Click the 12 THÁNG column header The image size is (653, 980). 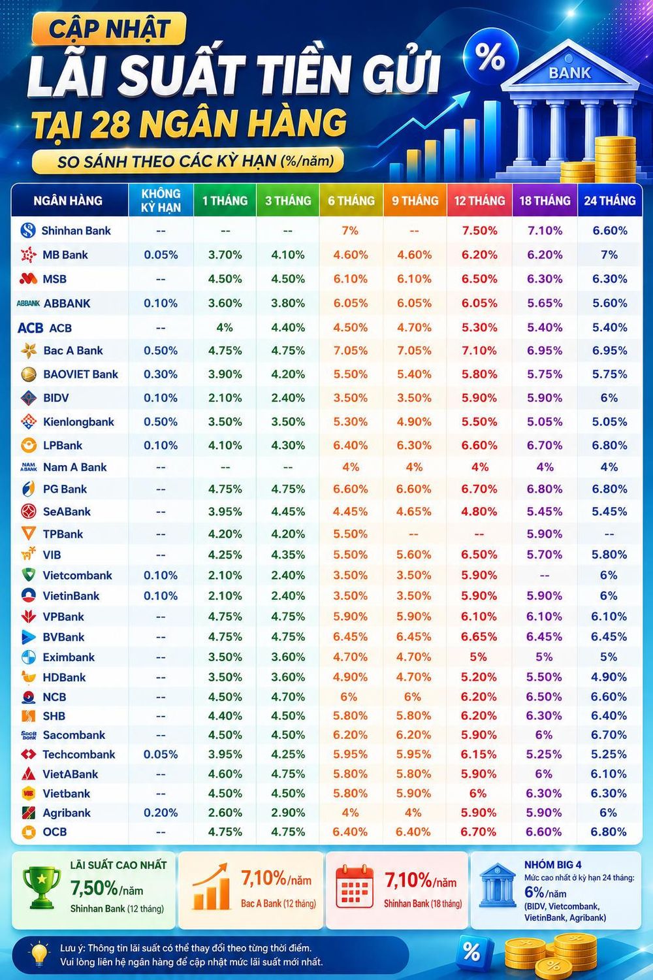pyautogui.click(x=479, y=201)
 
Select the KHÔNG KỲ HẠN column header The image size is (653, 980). pyautogui.click(x=161, y=201)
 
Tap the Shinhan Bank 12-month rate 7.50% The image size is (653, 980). pyautogui.click(x=479, y=231)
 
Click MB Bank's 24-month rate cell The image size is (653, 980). pyautogui.click(x=609, y=255)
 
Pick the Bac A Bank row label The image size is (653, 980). pyautogui.click(x=73, y=350)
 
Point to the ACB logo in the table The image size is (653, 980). pyautogui.click(x=30, y=328)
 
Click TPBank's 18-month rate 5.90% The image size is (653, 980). pyautogui.click(x=545, y=534)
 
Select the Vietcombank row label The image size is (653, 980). pyautogui.click(x=78, y=575)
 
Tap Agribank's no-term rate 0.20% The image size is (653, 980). pyautogui.click(x=161, y=813)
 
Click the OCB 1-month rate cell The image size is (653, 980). pyautogui.click(x=225, y=832)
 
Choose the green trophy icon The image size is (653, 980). pyautogui.click(x=42, y=887)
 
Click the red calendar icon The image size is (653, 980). pyautogui.click(x=355, y=886)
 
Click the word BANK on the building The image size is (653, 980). pyautogui.click(x=569, y=73)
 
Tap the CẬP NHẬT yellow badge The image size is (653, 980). pyautogui.click(x=109, y=29)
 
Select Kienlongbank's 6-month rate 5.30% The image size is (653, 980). pyautogui.click(x=351, y=422)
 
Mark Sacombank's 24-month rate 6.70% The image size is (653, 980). pyautogui.click(x=609, y=734)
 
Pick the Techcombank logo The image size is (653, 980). pyautogui.click(x=29, y=754)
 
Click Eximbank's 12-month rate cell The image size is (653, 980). pyautogui.click(x=479, y=657)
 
